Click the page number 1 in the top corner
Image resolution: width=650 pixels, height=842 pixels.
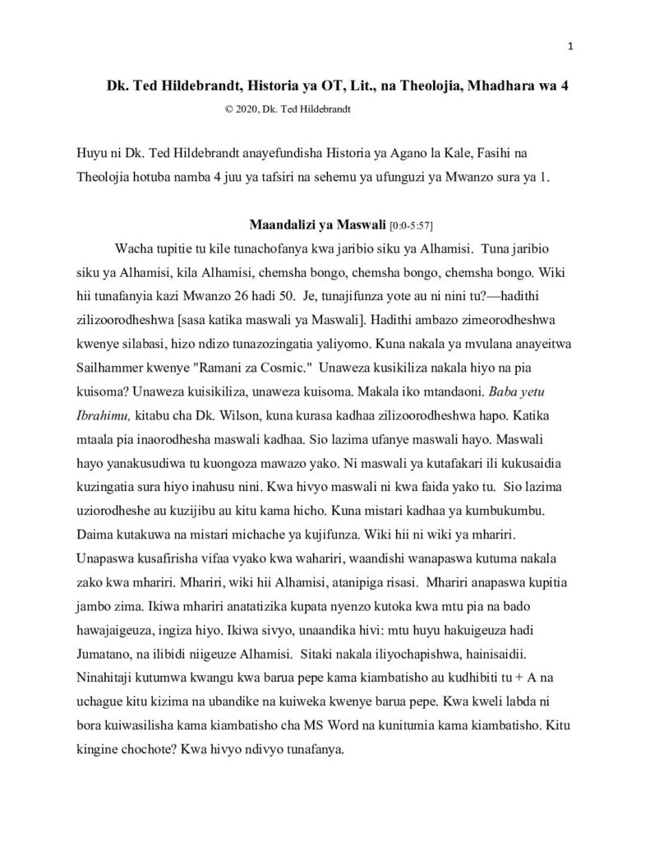click(x=569, y=46)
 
